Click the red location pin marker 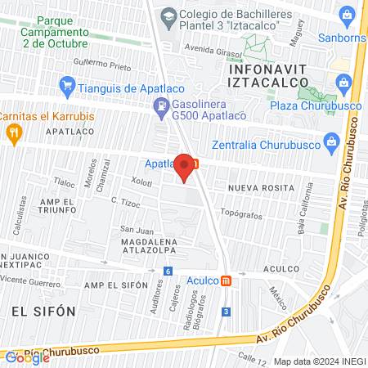click(x=185, y=168)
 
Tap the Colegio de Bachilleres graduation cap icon click(x=168, y=15)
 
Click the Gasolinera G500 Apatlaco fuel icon click(x=160, y=105)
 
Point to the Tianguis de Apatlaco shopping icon click(x=68, y=83)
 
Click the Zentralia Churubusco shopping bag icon click(x=330, y=141)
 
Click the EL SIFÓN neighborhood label click(x=43, y=311)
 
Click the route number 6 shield click(x=168, y=272)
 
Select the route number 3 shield click(x=225, y=311)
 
